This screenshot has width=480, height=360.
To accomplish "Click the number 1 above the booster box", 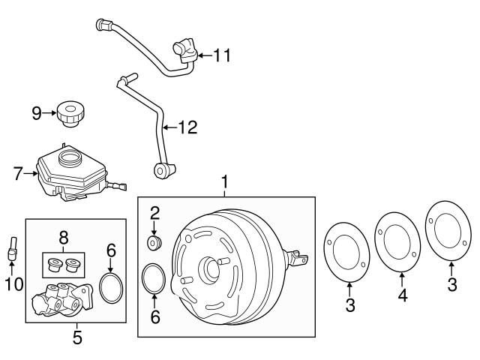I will (x=223, y=181).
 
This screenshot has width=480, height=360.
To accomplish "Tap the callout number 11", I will (x=222, y=55).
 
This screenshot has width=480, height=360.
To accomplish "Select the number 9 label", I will (x=36, y=113).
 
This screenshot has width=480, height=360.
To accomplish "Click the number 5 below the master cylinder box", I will (x=76, y=337).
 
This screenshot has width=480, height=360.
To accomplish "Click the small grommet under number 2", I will (x=155, y=244).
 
